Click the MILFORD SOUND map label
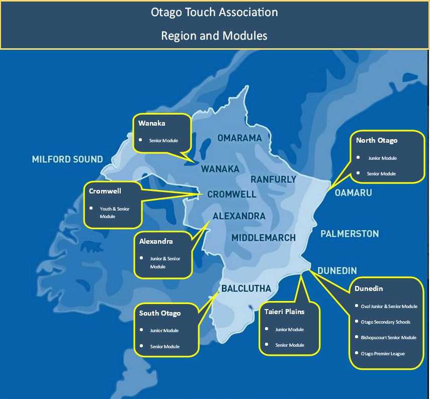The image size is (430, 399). pos(67,159)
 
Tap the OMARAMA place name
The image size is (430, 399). pos(239,138)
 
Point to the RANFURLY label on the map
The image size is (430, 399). pos(273,179)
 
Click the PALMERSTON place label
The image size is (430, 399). pos(350,234)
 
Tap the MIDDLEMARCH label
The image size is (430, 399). pos(264,237)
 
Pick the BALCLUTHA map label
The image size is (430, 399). pos(246,288)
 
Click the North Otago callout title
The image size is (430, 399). pos(376,140)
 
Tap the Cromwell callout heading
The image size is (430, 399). pos(105,191)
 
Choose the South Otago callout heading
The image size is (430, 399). pos(160,313)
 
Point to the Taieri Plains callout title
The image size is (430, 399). pos(284,312)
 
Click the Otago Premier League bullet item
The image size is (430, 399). pos(383,354)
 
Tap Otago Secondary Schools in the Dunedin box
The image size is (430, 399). pos(386,322)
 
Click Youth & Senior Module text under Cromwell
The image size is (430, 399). pos(114,212)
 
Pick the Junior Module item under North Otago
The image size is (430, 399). pos(382,158)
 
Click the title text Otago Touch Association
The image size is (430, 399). pos(214,12)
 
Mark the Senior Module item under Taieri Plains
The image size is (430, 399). pos(290,345)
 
